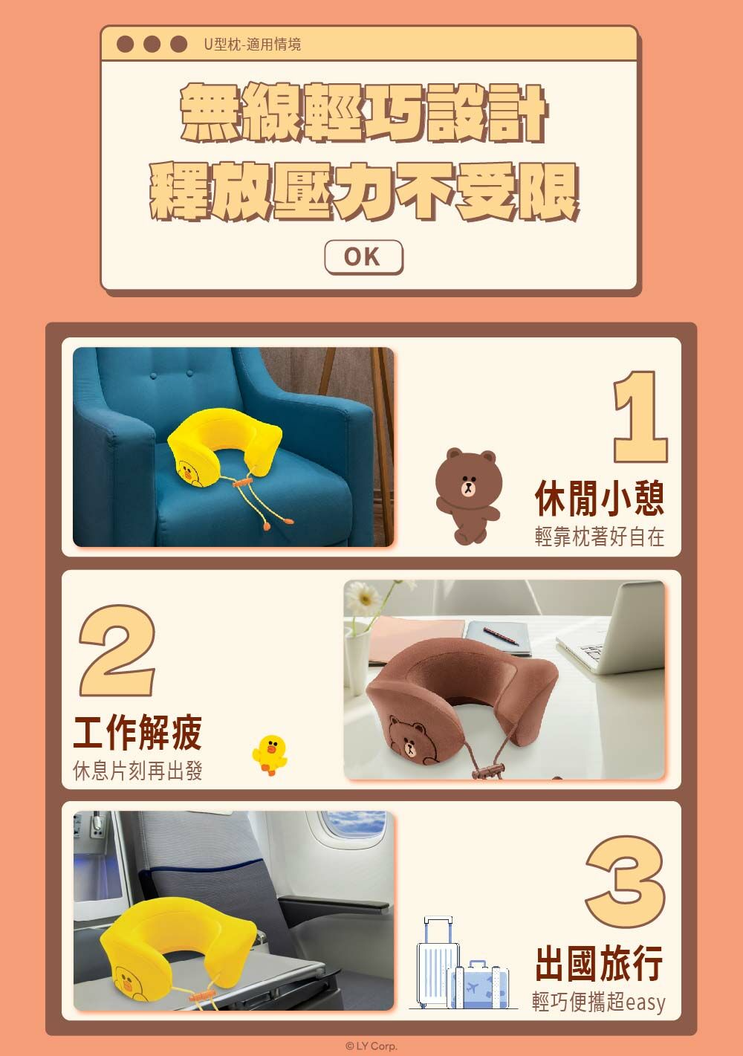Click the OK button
pyautogui.click(x=363, y=257)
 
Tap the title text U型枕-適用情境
pyautogui.click(x=252, y=45)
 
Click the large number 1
pyautogui.click(x=640, y=416)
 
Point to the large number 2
pyautogui.click(x=117, y=650)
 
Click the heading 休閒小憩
pyautogui.click(x=600, y=498)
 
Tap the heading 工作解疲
pyautogui.click(x=137, y=732)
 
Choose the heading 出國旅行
pyautogui.click(x=600, y=963)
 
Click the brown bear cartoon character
pyautogui.click(x=467, y=496)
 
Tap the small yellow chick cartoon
pyautogui.click(x=270, y=755)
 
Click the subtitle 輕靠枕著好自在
pyautogui.click(x=600, y=537)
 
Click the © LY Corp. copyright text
pyautogui.click(x=371, y=1046)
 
